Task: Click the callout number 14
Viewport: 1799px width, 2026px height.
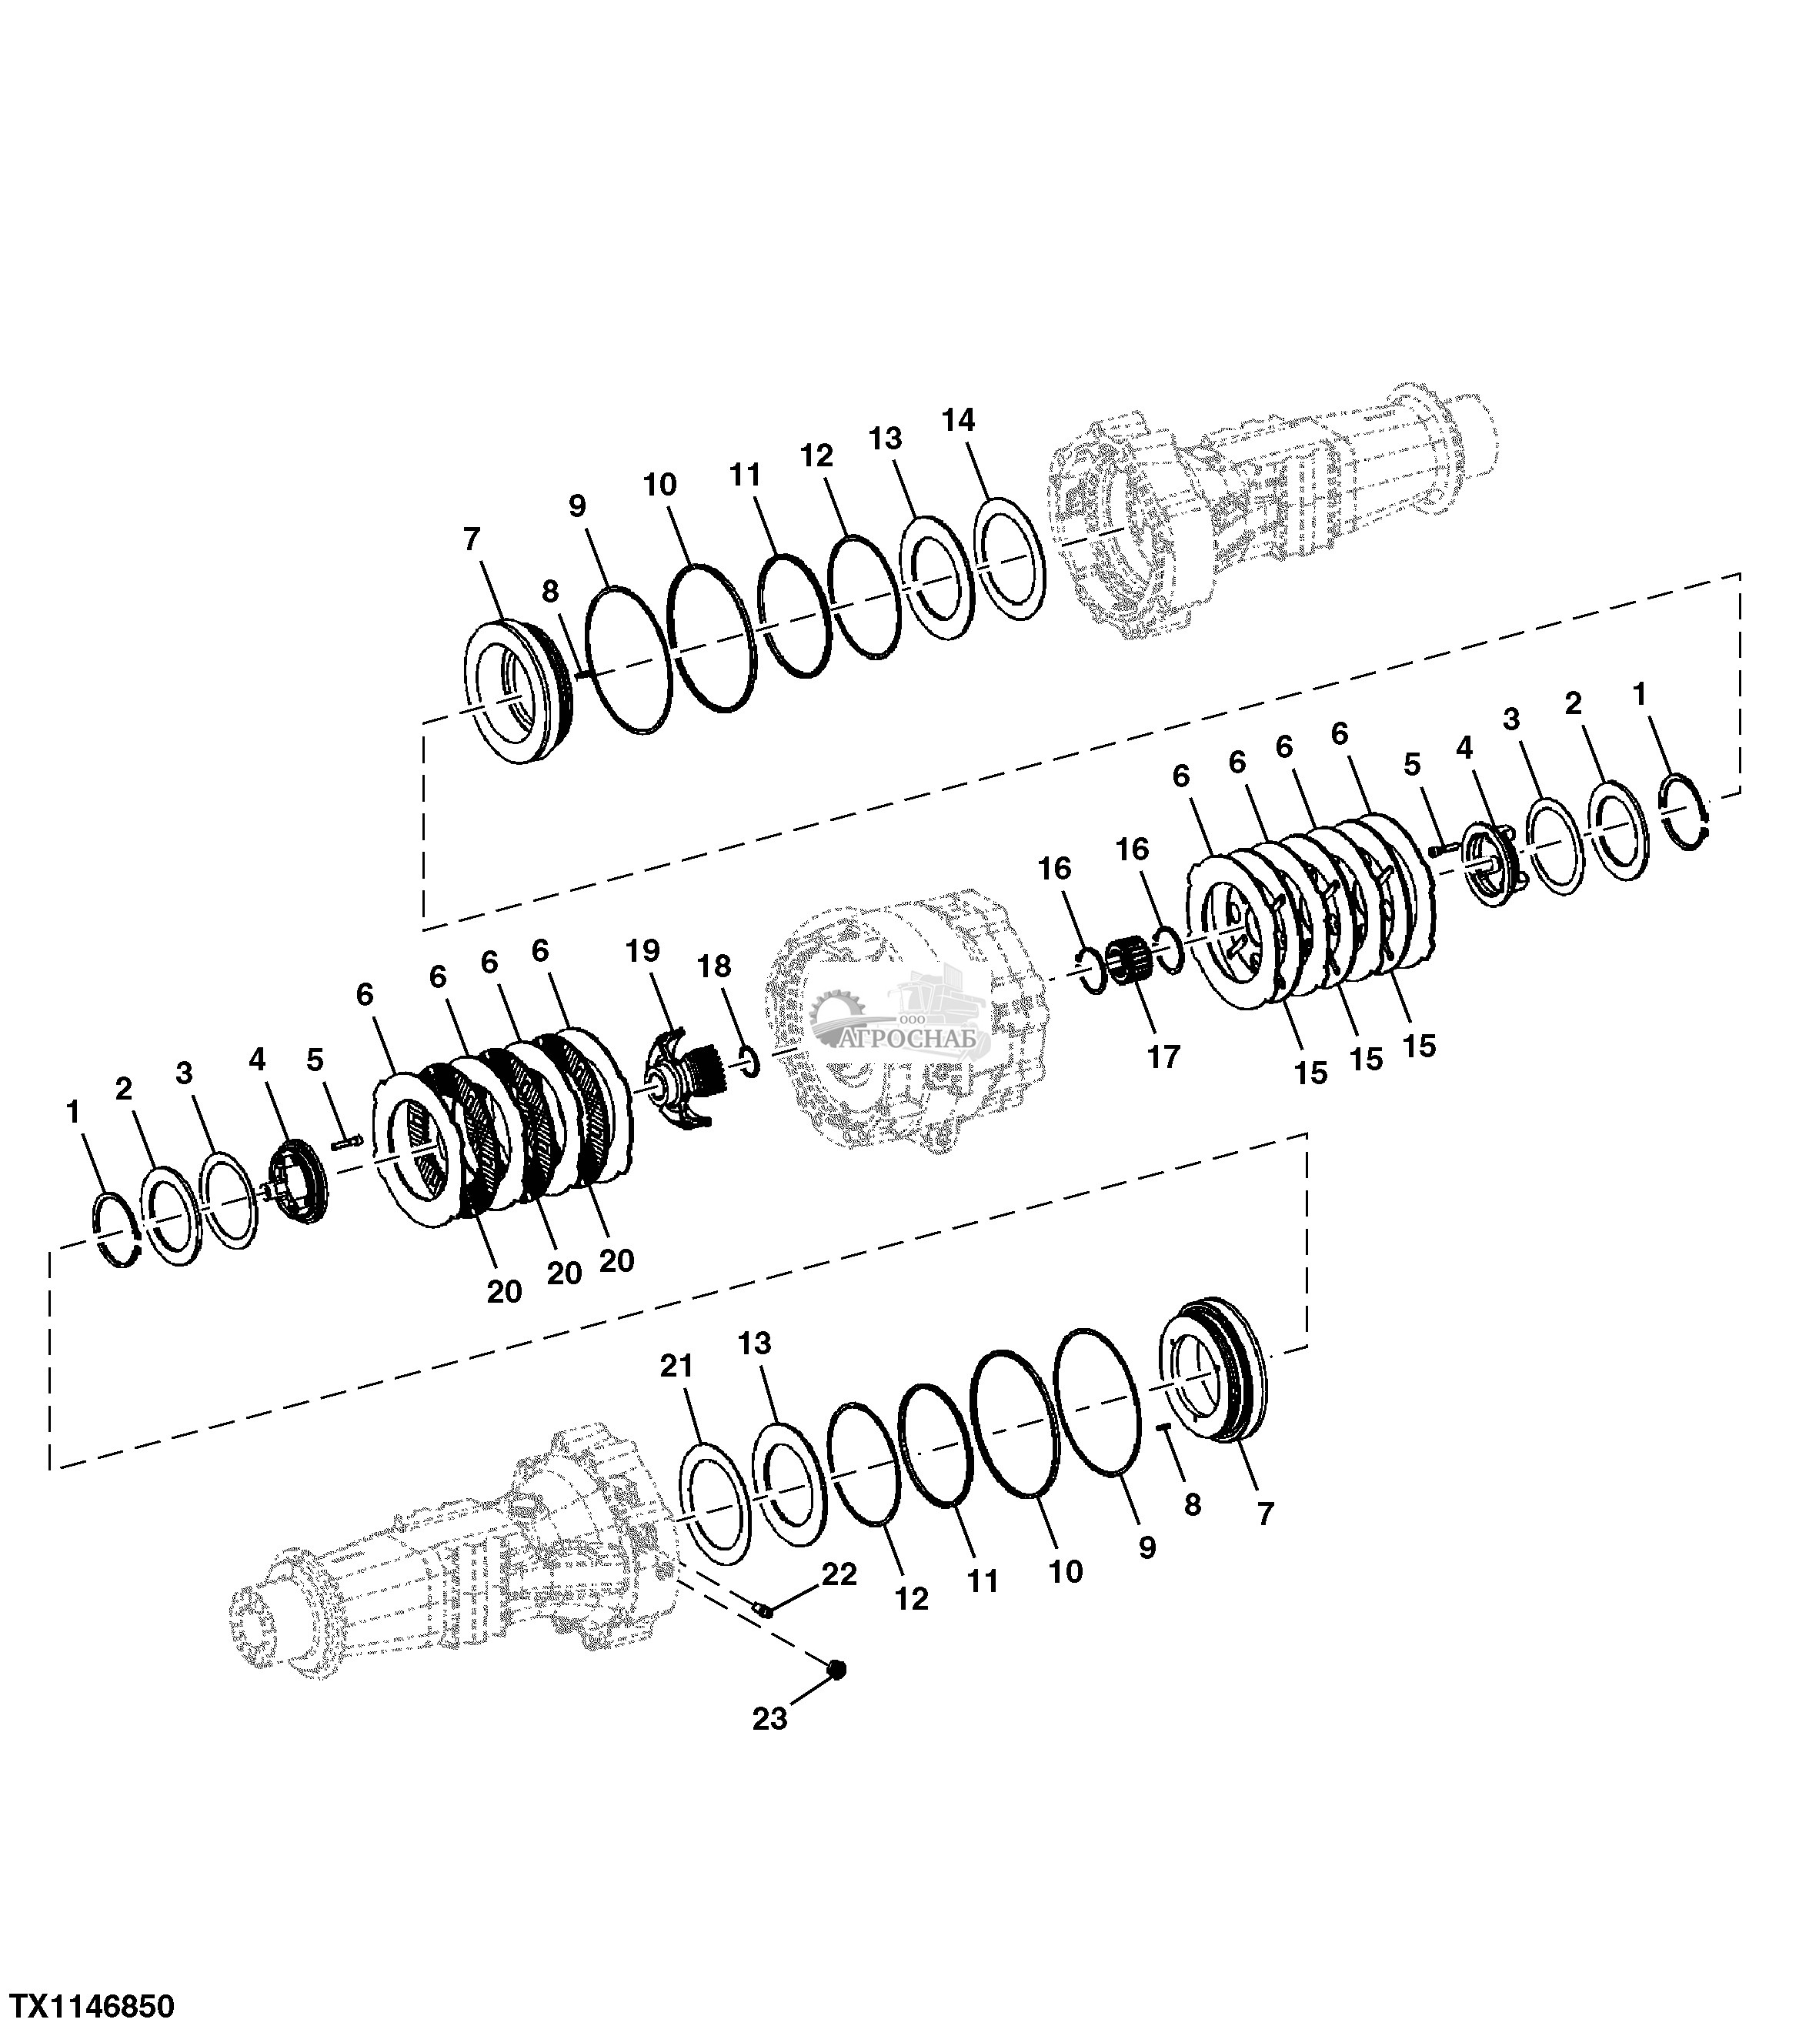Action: point(959,421)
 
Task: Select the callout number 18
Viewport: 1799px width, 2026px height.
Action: point(716,966)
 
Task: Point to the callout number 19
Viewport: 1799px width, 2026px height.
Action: point(642,952)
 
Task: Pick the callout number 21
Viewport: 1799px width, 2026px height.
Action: point(677,1367)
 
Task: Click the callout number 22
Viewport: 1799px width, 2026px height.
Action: point(839,1574)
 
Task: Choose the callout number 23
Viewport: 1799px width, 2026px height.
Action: point(769,1719)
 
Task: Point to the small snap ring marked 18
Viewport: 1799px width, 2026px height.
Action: point(749,1064)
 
